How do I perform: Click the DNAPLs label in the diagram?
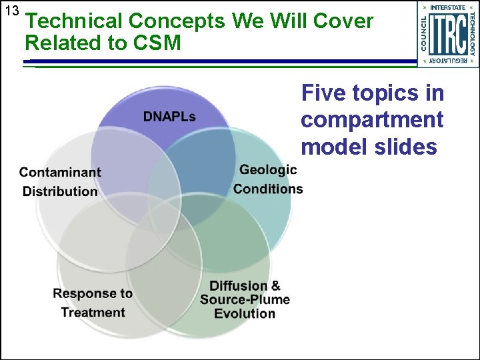pos(169,117)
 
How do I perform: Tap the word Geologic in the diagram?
pos(268,169)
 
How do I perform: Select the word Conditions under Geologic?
pos(268,189)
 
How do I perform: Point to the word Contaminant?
pos(60,172)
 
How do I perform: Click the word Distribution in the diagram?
pos(60,191)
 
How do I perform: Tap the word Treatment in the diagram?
pos(93,312)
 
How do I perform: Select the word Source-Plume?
pos(245,299)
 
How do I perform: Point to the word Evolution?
pos(245,313)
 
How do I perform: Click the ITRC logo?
pos(448,34)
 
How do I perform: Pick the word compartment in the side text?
pos(372,120)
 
